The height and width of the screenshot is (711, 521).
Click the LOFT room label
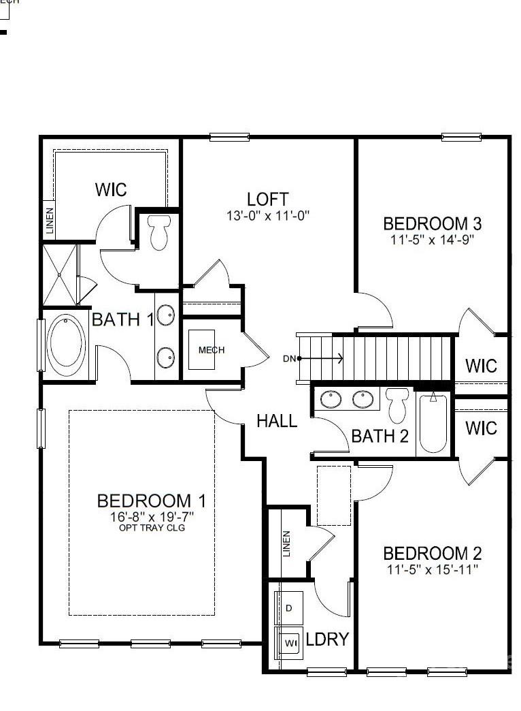tap(267, 200)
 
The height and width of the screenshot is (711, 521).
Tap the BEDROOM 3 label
tap(433, 223)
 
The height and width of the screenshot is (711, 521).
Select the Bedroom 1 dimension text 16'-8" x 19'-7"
tap(152, 517)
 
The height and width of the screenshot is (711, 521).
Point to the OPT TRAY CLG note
tap(152, 528)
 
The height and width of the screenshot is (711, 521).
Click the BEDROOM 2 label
tap(433, 553)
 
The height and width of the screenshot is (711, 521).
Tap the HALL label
tap(277, 421)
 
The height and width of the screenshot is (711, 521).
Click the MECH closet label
tap(211, 350)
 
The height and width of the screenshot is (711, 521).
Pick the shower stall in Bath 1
tap(60, 274)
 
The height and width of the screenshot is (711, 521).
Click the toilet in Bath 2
tap(396, 405)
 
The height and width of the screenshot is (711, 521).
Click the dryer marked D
tap(288, 607)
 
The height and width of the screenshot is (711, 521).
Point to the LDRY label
tap(327, 639)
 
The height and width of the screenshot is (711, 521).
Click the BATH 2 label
tap(380, 436)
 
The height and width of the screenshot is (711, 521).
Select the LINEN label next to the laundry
tap(286, 543)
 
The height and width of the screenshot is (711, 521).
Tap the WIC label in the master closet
tap(111, 189)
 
